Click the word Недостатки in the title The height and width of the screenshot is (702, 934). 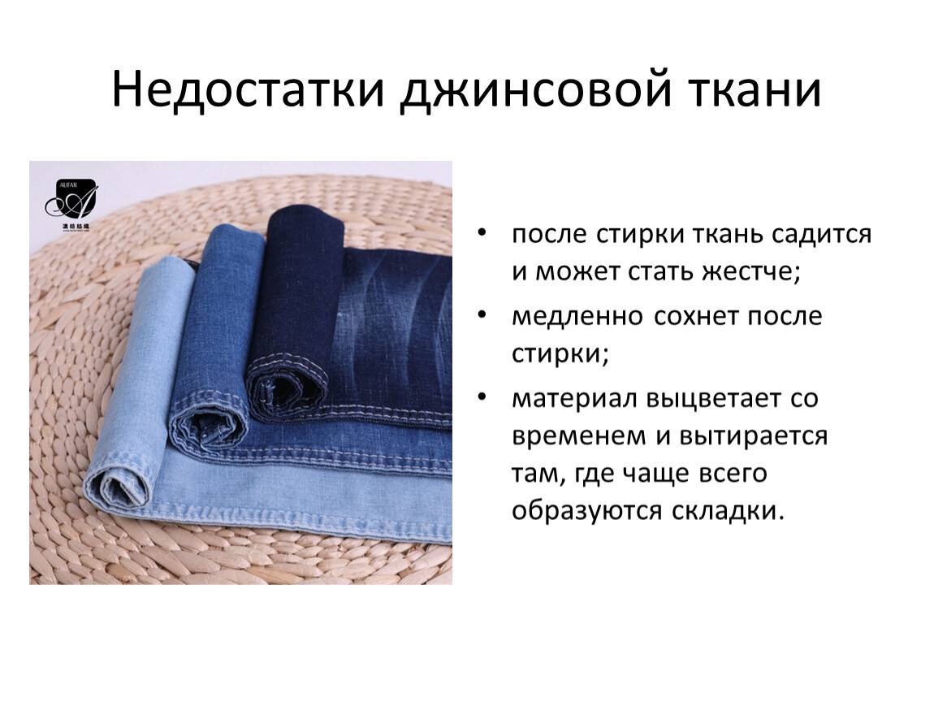[x=248, y=90]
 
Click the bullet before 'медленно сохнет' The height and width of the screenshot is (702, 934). [x=482, y=314]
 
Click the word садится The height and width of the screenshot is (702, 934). [x=821, y=234]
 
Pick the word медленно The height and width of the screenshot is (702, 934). [x=577, y=316]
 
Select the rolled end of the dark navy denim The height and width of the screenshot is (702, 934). [x=287, y=388]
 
